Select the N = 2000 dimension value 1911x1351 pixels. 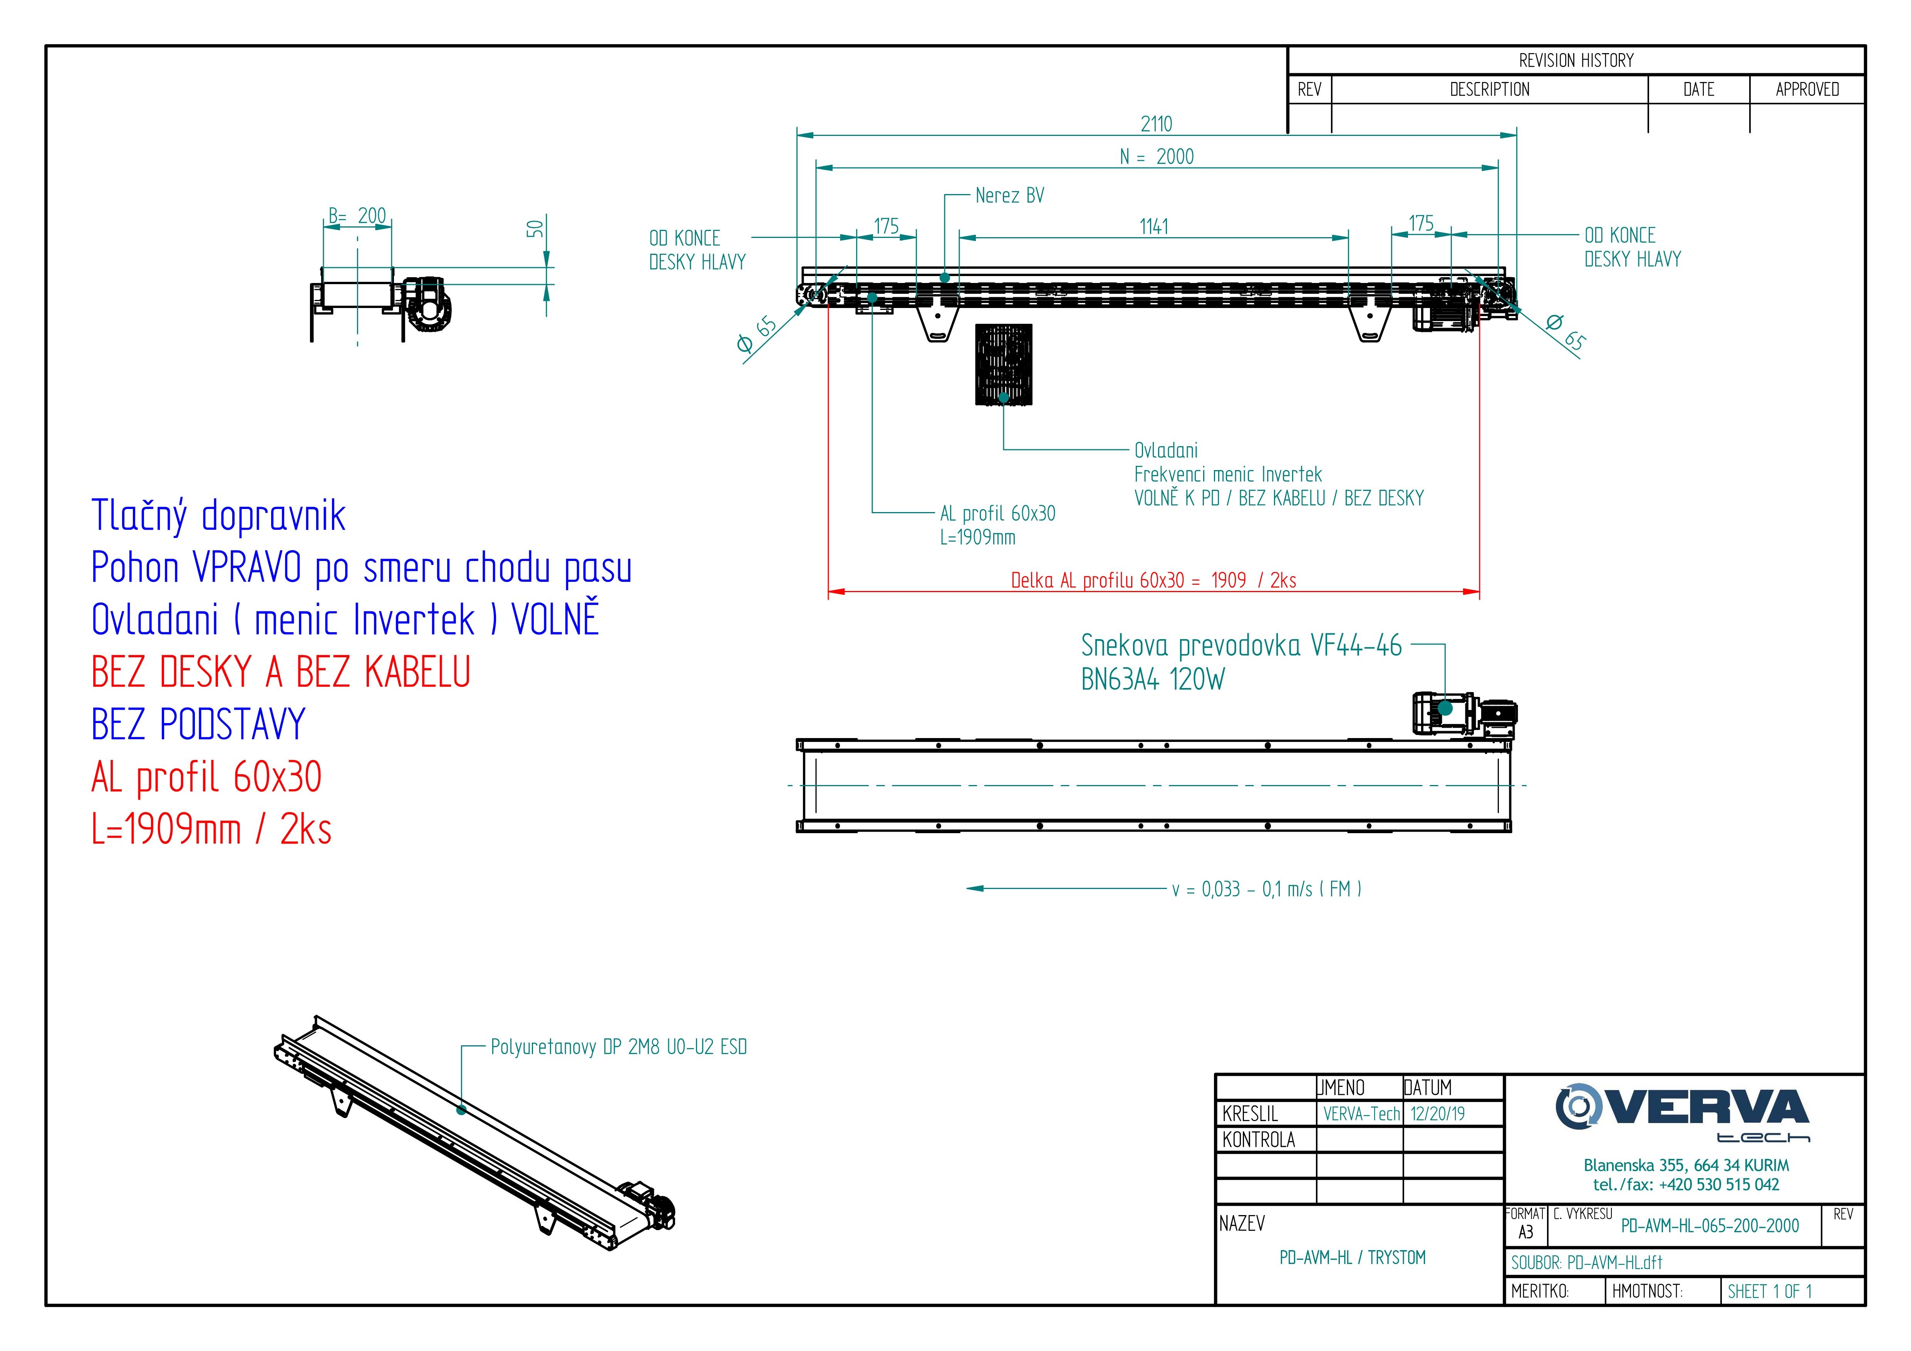[1157, 156]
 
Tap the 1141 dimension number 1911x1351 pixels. [1153, 226]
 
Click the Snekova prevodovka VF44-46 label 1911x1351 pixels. [1240, 646]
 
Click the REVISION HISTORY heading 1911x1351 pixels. [1576, 61]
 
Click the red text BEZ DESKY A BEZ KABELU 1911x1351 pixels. [280, 672]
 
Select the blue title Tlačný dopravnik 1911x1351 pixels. [218, 516]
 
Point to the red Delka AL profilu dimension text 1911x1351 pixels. [1153, 581]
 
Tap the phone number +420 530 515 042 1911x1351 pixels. [1719, 1185]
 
